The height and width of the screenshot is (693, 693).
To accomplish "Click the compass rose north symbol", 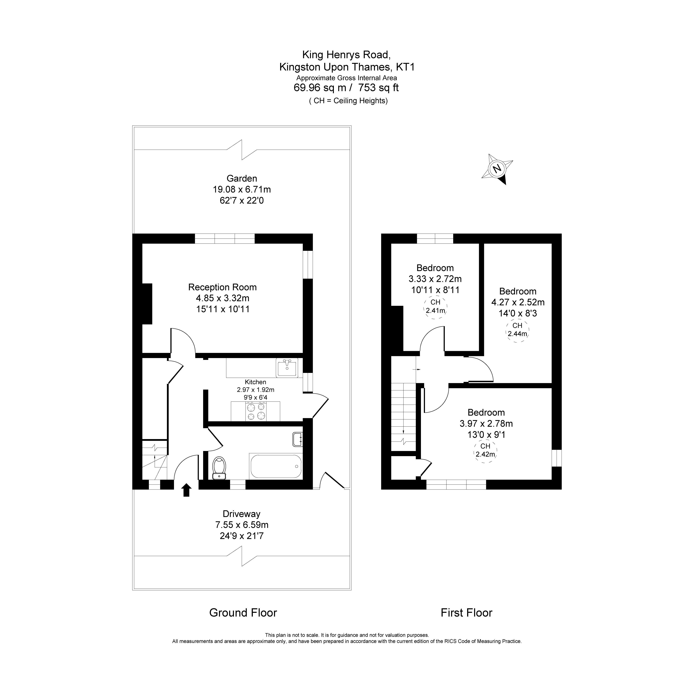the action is pos(497,169).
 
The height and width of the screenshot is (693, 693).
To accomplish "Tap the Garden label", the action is pos(242,178).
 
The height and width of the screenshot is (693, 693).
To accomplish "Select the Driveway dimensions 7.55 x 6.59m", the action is pos(242,525).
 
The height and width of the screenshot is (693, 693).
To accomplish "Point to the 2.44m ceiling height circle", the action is pos(517,330).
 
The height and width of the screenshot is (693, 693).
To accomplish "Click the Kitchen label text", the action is pos(255,382).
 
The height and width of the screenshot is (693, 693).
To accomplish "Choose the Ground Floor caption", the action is pos(243,613).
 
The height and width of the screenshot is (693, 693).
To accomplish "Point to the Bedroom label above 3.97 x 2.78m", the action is pos(486,412).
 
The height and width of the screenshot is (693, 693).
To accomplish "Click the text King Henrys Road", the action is pos(346,54).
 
